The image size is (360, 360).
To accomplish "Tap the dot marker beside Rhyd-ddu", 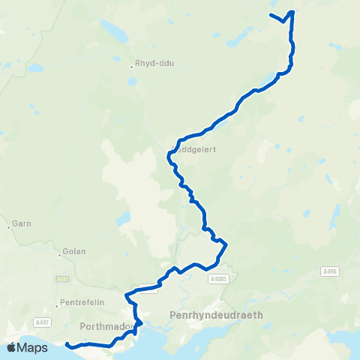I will [x=131, y=66].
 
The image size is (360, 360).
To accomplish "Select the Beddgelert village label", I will [x=195, y=149].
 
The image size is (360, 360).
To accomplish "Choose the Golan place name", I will [x=75, y=251].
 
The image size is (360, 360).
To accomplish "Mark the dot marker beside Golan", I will [x=59, y=253].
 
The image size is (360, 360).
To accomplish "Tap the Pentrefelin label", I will [x=81, y=305].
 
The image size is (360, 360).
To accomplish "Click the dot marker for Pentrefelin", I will [x=56, y=306].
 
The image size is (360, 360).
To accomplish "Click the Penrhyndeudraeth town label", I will [x=217, y=315].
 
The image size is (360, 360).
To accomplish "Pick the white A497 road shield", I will [x=43, y=322].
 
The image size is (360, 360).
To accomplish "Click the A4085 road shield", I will [x=217, y=279].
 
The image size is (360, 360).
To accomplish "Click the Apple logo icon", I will [x=11, y=347].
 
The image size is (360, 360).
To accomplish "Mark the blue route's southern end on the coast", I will [x=67, y=344].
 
